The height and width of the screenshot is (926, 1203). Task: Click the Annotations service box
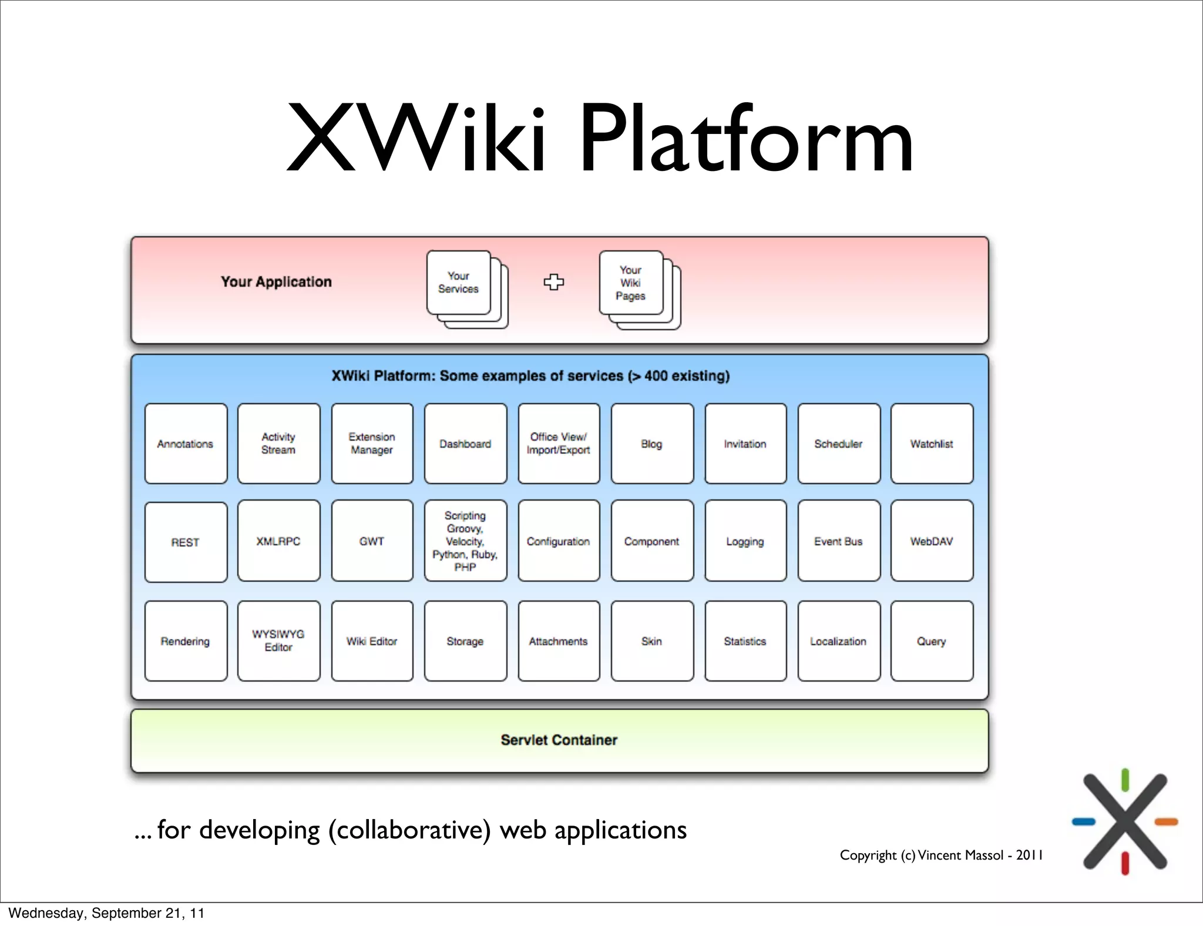click(x=186, y=444)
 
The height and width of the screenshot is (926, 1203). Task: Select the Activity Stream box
click(x=278, y=444)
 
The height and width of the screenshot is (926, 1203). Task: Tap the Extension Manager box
click(x=372, y=444)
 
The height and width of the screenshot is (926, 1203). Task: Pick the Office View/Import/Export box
click(x=559, y=444)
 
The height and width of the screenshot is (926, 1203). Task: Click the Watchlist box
click(x=932, y=444)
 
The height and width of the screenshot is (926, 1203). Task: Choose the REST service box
click(x=186, y=542)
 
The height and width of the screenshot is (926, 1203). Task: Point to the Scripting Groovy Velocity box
click(x=465, y=541)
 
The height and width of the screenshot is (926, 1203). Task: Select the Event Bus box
click(x=838, y=541)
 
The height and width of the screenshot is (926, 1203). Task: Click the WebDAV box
click(x=932, y=541)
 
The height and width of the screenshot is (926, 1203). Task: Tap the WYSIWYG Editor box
click(x=278, y=640)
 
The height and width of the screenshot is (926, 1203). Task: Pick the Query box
click(x=932, y=640)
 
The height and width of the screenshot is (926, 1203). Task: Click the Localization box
click(x=838, y=640)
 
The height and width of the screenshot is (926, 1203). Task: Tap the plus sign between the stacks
click(x=553, y=282)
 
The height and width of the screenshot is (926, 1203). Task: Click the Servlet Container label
click(x=559, y=740)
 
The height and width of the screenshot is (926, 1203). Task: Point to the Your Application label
click(x=276, y=282)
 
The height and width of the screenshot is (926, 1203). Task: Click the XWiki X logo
click(x=1125, y=821)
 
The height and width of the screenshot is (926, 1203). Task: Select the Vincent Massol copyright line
click(x=941, y=855)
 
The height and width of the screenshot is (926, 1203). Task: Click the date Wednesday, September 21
click(x=106, y=912)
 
